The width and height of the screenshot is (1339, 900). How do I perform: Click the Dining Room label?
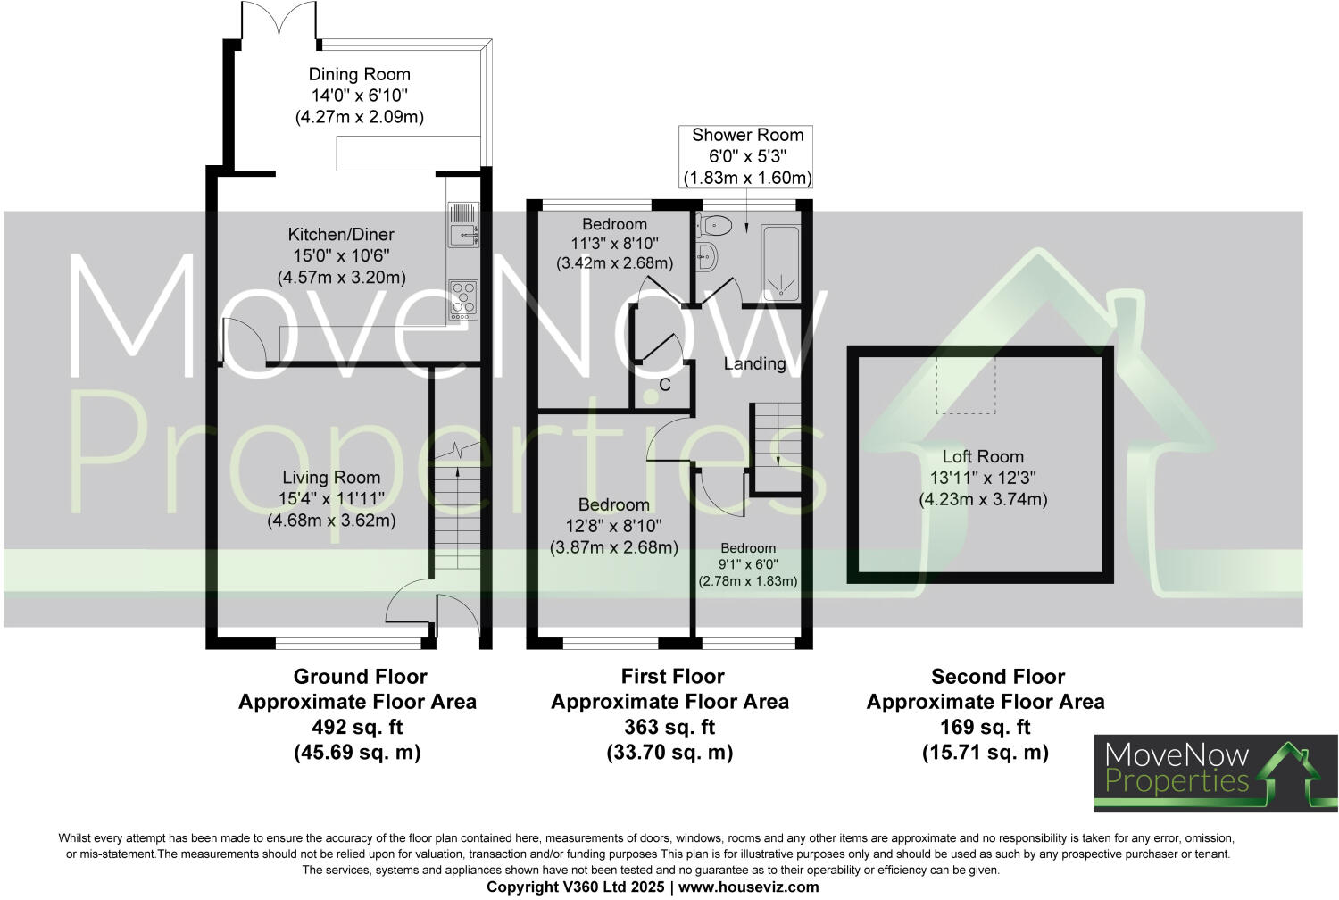[359, 75]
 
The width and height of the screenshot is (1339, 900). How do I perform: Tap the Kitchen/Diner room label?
[340, 235]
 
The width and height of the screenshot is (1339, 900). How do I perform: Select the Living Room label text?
[331, 478]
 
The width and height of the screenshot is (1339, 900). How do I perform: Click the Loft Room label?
[983, 457]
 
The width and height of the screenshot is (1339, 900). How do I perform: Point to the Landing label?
[754, 363]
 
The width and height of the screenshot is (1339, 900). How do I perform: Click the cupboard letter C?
[665, 385]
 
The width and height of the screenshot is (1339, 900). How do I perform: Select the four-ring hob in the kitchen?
[463, 300]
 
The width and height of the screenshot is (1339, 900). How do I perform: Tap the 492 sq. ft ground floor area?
[357, 727]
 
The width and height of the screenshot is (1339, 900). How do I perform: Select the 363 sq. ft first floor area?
[669, 727]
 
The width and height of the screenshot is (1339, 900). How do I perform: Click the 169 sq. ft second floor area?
[986, 727]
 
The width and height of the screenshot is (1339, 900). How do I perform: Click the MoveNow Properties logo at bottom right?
[1216, 773]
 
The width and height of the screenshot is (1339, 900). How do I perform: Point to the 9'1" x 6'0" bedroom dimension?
[748, 564]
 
